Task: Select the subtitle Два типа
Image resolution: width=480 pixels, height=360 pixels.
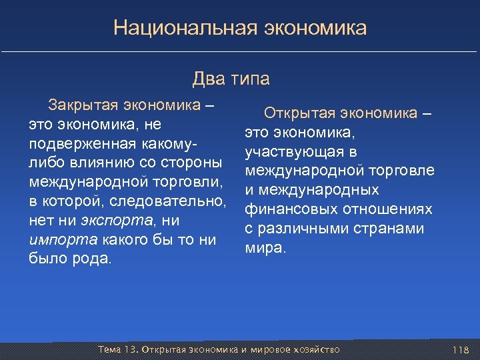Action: [x=231, y=79]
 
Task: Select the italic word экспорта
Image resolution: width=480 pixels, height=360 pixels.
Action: [x=118, y=221]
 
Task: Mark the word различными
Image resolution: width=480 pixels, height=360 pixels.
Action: [x=297, y=229]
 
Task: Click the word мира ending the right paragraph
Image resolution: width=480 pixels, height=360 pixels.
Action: [x=265, y=248]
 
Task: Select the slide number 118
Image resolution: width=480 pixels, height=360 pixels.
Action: [x=461, y=350]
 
